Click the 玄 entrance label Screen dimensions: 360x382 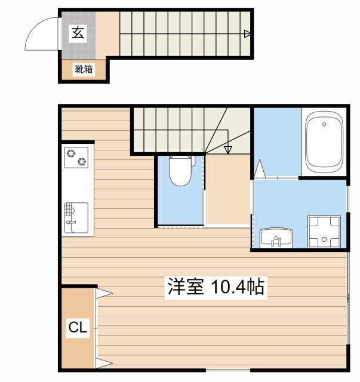(x=78, y=33)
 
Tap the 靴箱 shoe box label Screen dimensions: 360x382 (x=84, y=69)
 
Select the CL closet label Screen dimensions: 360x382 (x=78, y=327)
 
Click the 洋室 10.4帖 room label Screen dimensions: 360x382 (x=216, y=287)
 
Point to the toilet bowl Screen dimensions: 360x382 (x=181, y=170)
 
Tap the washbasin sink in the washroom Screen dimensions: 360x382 (x=276, y=238)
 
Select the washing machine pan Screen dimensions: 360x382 (x=324, y=231)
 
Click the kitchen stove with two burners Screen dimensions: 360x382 (x=76, y=158)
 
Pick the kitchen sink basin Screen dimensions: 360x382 (x=76, y=217)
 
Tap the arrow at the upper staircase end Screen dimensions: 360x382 (x=247, y=33)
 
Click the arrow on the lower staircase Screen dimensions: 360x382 (x=228, y=149)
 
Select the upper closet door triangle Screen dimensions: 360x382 (x=104, y=293)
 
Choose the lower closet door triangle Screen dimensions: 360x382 (x=104, y=363)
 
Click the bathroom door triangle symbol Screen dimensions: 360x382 (x=259, y=169)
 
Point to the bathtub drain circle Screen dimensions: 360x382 (x=324, y=124)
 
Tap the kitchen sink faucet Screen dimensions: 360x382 (x=70, y=222)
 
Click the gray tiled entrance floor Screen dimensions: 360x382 (x=78, y=35)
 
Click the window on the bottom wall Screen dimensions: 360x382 (x=228, y=370)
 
